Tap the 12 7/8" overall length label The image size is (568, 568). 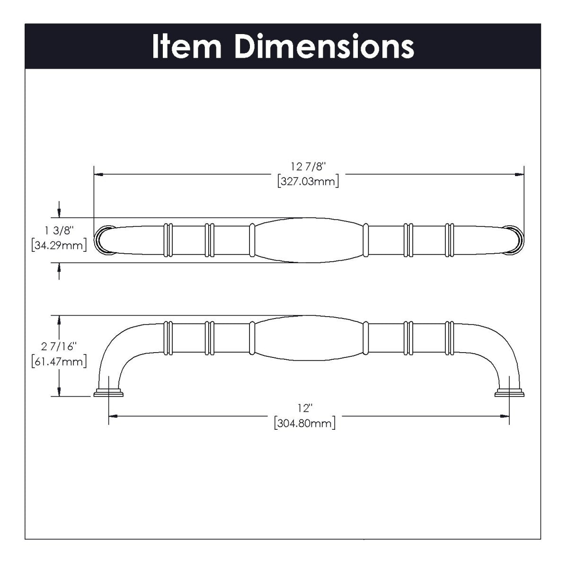click(309, 167)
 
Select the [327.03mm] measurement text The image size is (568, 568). click(309, 181)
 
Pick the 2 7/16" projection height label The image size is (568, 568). click(59, 347)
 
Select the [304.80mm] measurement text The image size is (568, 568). click(305, 423)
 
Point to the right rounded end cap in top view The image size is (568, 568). click(516, 240)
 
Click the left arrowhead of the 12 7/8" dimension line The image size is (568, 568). click(98, 175)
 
